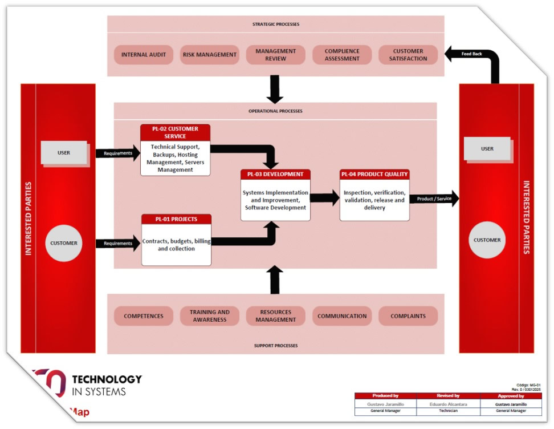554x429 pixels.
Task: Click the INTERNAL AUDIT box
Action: [144, 55]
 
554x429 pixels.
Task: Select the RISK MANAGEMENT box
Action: [210, 55]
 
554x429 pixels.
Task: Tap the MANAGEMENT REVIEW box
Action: [276, 55]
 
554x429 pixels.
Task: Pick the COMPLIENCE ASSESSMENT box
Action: [342, 55]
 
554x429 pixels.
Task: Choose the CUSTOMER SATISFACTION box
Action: [408, 55]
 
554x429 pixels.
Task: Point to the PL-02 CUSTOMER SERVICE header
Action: [175, 132]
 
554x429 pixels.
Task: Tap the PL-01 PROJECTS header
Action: [176, 219]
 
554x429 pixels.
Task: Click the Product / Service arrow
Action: [433, 199]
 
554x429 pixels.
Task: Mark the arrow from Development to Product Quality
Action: [325, 199]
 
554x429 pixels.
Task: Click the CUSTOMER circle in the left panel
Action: [64, 243]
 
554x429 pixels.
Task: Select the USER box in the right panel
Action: [487, 149]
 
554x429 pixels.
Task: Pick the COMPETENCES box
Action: [144, 316]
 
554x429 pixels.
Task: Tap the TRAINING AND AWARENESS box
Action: [210, 316]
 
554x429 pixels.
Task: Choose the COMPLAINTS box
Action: [408, 316]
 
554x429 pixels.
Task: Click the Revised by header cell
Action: [448, 396]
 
